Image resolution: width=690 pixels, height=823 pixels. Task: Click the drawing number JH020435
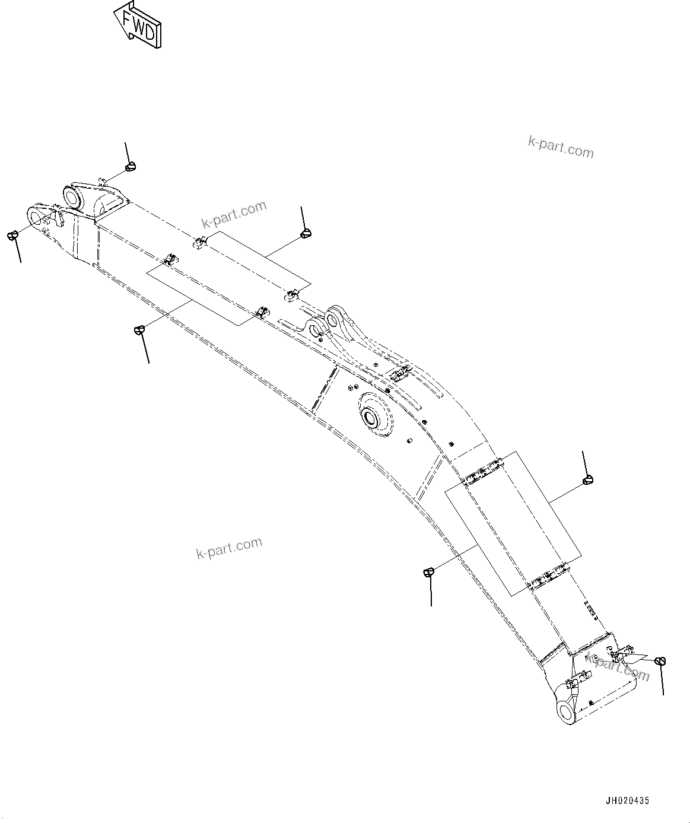pos(627,800)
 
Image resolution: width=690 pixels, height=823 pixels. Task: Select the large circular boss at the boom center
pos(373,416)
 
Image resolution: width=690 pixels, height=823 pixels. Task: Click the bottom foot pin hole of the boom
pos(566,710)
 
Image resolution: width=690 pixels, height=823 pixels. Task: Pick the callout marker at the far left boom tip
pos(11,236)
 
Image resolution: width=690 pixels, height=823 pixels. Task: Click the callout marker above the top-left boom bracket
pos(131,167)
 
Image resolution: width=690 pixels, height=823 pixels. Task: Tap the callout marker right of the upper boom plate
pos(306,233)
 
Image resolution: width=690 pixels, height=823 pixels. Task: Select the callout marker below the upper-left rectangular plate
pos(139,329)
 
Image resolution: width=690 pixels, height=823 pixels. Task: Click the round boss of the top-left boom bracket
pos(73,195)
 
